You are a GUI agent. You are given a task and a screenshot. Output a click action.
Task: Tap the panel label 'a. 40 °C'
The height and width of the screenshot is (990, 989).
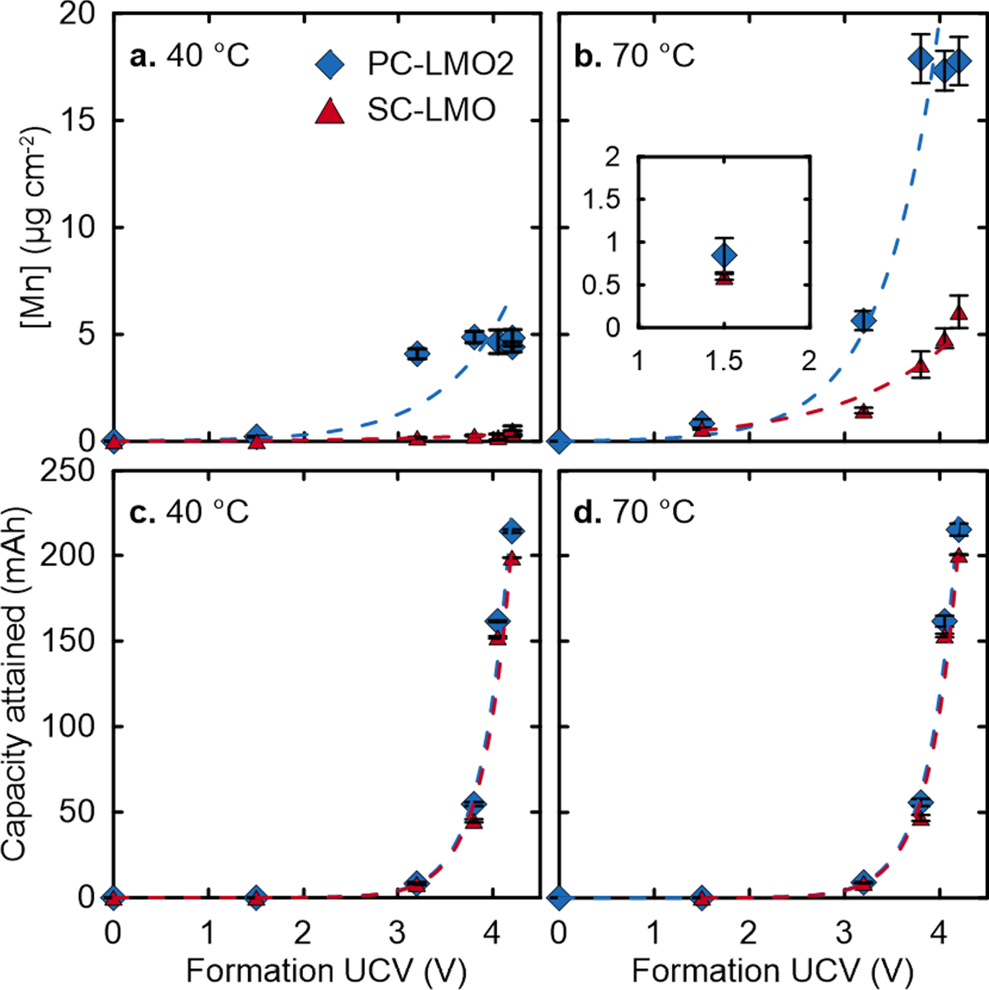189,56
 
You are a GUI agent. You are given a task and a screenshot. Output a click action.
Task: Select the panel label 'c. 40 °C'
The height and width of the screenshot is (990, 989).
189,512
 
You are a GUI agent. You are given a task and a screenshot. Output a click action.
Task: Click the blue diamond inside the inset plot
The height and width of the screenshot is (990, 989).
724,254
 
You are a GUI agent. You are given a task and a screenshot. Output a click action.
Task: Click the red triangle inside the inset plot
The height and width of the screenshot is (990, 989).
724,277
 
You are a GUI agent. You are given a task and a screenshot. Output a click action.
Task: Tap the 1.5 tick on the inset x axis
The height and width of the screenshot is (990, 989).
724,361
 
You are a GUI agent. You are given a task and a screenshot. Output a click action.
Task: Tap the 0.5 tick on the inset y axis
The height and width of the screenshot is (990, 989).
601,285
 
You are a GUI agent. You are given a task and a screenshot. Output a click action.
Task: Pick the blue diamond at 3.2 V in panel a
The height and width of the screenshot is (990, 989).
417,354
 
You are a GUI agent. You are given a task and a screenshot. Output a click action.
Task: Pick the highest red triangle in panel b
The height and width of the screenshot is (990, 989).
959,312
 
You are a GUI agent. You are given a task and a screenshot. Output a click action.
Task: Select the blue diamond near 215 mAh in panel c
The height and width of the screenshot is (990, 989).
512,531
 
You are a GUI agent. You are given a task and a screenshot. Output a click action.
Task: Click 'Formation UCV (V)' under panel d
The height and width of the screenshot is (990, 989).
772,970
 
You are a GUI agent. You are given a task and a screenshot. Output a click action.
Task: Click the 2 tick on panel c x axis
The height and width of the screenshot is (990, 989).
303,933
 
